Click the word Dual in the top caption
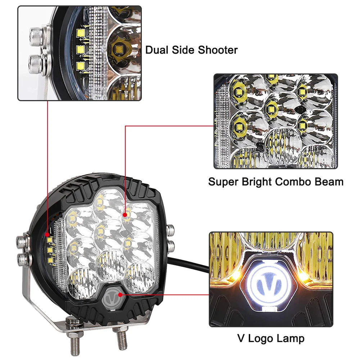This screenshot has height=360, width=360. [x=157, y=50]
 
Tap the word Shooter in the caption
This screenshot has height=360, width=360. [x=218, y=50]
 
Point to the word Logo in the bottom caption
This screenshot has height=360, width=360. [x=261, y=339]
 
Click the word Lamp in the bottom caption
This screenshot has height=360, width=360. [x=290, y=339]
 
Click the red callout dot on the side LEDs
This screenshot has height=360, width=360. [x=47, y=235]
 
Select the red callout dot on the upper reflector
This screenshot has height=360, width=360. [x=125, y=215]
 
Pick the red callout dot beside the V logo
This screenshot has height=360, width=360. [x=120, y=295]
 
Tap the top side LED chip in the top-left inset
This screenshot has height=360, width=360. [x=81, y=33]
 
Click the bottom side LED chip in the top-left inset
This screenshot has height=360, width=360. [x=81, y=66]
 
